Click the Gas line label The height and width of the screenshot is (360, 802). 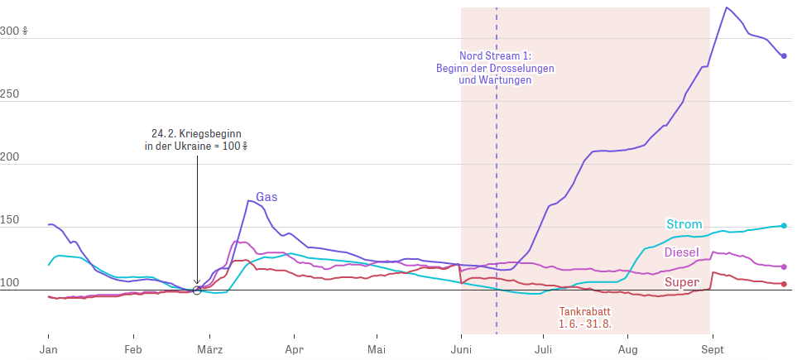[267, 197]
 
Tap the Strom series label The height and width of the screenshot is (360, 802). [684, 224]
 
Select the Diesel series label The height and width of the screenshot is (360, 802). [682, 252]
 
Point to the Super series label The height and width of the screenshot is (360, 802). [682, 282]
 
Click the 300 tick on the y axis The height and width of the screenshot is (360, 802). [13, 31]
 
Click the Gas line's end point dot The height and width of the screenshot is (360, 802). [784, 56]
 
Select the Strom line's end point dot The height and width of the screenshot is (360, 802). [784, 225]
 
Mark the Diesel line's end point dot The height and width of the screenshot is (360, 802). [784, 266]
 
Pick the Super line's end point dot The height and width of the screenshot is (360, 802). [784, 284]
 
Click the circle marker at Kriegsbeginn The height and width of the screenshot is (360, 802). [197, 290]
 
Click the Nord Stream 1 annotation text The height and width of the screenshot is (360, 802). [495, 67]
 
